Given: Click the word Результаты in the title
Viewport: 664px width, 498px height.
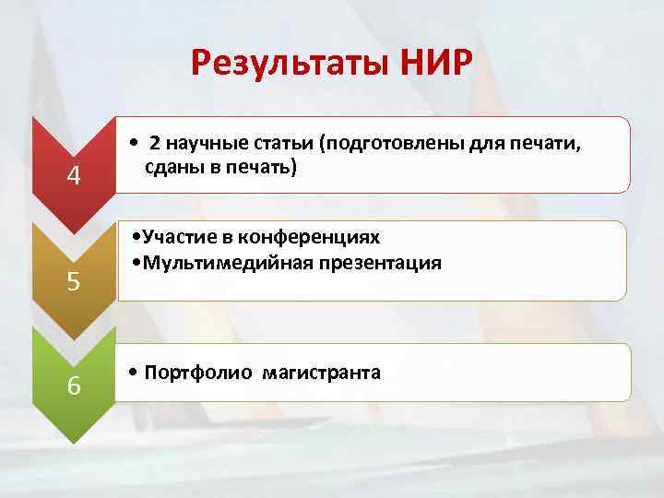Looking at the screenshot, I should coord(290,64).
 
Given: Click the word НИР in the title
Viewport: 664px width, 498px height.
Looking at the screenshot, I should coord(437,64).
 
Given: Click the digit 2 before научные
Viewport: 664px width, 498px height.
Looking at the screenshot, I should coord(155,143).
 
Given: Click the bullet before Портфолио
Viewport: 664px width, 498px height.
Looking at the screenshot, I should coord(135,373).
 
